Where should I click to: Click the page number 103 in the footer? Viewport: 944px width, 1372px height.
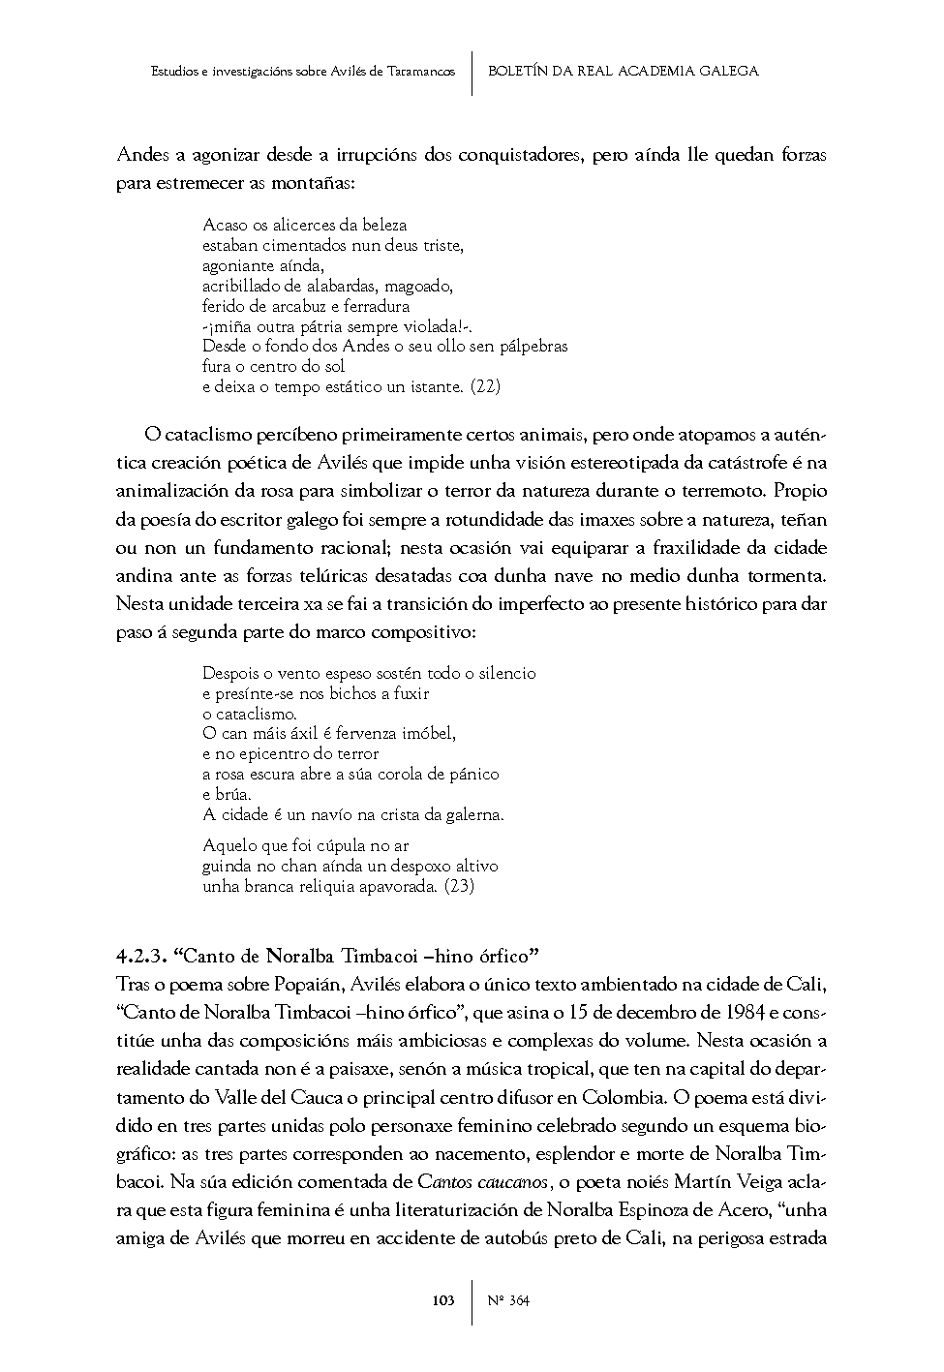[x=443, y=1300]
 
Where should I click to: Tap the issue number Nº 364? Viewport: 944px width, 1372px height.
[x=508, y=1300]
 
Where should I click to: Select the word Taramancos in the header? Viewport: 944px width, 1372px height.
[x=419, y=72]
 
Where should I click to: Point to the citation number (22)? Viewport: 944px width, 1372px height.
[x=485, y=387]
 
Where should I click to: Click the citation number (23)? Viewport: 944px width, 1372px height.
[x=459, y=886]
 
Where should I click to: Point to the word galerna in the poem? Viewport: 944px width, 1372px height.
[x=474, y=815]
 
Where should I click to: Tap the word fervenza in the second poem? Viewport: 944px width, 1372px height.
[x=365, y=734]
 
